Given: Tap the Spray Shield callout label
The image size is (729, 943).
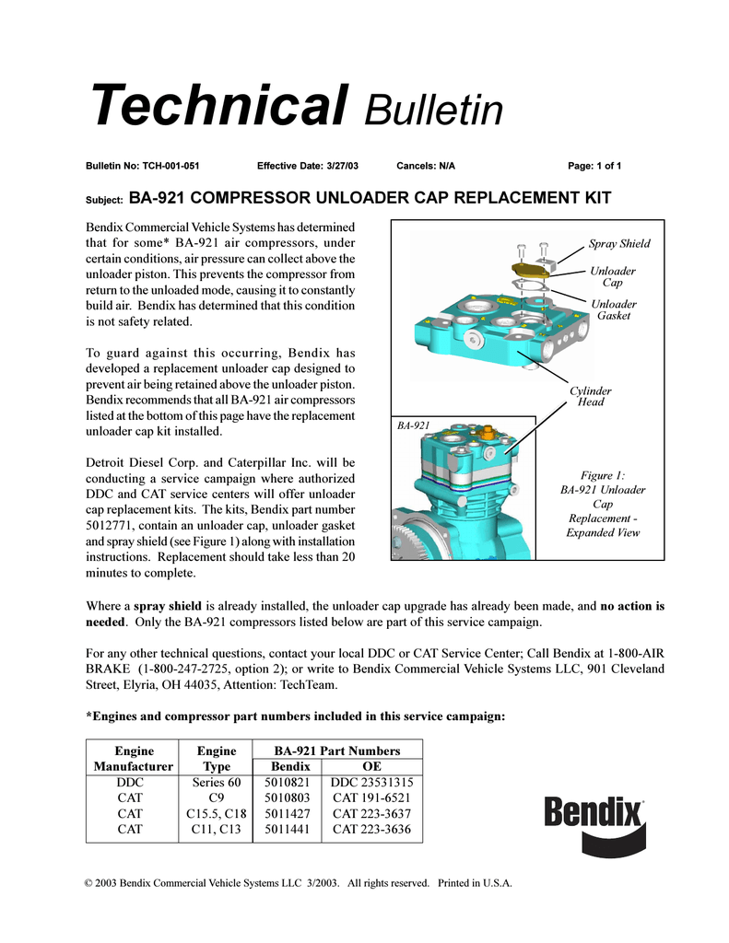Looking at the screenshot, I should coord(619,244).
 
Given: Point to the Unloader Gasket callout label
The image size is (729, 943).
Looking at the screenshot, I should coord(614,310).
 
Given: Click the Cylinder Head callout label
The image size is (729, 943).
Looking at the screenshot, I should coord(591,397).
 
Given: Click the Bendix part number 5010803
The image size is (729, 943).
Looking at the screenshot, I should coord(287,798).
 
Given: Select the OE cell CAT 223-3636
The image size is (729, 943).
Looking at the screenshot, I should coord(371,830).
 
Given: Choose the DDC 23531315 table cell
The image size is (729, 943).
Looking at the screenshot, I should coord(371,783).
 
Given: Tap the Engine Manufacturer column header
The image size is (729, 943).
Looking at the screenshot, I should coord(133,759).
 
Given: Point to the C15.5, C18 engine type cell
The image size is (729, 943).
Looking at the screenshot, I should coord(216,814).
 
